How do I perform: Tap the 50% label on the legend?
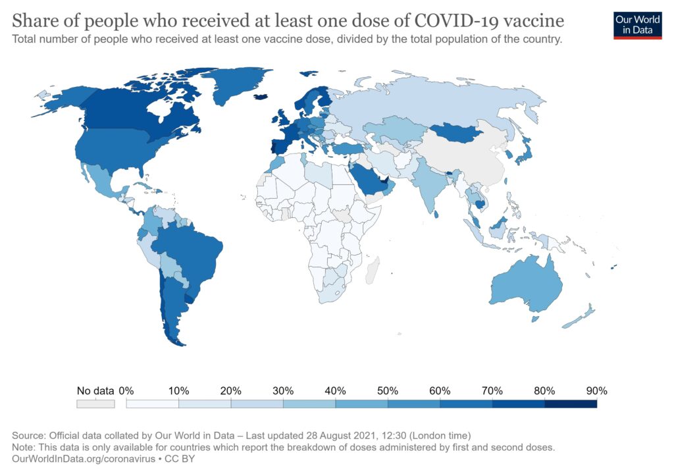click(x=388, y=390)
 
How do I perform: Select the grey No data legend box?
click(x=95, y=404)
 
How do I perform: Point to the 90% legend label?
click(x=596, y=390)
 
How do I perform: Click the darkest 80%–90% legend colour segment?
click(x=571, y=404)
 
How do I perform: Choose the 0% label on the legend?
click(x=126, y=390)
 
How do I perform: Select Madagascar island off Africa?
click(x=372, y=270)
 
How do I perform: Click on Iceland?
click(x=261, y=96)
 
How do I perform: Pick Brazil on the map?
click(x=191, y=250)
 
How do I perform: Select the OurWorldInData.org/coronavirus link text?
click(x=79, y=459)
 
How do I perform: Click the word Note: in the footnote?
click(x=25, y=447)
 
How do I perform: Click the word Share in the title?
click(x=34, y=20)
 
